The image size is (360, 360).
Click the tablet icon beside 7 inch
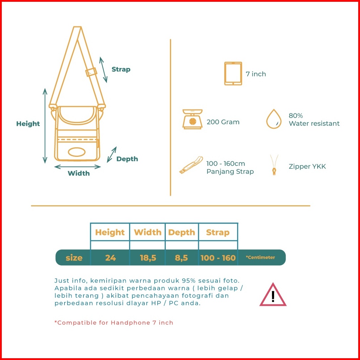coord(233,74)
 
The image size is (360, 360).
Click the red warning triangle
coord(273,295)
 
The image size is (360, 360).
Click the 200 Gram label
coord(223,122)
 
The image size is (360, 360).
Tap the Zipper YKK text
coord(307,166)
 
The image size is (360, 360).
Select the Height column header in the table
coord(110,232)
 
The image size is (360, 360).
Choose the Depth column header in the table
coord(181,232)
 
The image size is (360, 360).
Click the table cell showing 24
coord(110,258)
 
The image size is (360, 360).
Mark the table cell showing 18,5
coord(148,258)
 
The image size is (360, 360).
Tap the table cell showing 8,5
coord(181,258)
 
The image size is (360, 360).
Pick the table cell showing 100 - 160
coord(218,258)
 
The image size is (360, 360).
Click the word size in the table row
coord(74,258)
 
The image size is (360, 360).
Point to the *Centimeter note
coord(260,257)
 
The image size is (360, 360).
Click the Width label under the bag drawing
coord(79,174)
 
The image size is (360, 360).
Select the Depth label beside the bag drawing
coord(127,159)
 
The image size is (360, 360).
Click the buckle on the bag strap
coord(92,72)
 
